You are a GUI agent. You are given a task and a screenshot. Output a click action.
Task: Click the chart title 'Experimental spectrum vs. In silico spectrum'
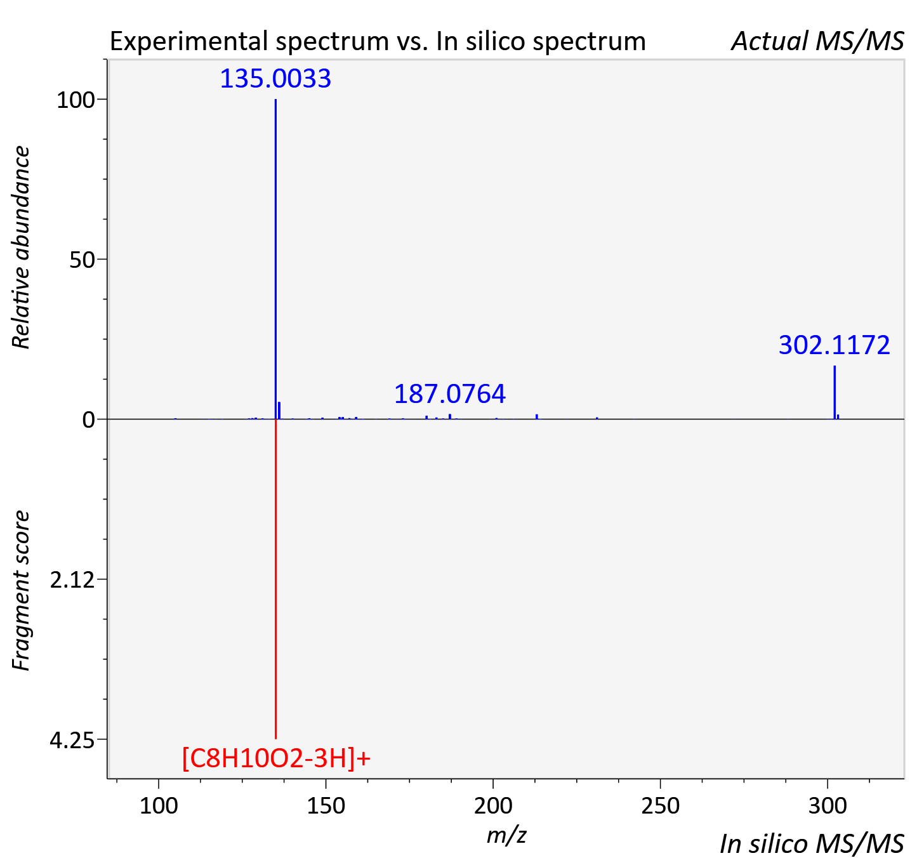[x=378, y=42]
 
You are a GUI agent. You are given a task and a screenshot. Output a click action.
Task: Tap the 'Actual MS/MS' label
[x=817, y=41]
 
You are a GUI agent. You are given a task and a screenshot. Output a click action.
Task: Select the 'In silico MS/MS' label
[x=812, y=843]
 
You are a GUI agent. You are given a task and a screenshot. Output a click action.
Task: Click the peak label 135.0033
[x=275, y=78]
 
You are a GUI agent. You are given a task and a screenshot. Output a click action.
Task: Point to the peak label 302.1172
[x=835, y=345]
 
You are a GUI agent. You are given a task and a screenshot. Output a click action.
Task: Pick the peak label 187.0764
[x=449, y=393]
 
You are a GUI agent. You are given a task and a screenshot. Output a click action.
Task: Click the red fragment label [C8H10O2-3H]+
[x=276, y=758]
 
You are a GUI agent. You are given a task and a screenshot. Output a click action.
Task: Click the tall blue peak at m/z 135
[x=275, y=259]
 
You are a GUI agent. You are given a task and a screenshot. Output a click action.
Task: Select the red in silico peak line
[x=275, y=579]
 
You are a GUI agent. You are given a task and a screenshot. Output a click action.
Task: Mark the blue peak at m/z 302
[x=835, y=392]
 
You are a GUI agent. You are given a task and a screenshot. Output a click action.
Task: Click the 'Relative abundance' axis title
[x=20, y=247]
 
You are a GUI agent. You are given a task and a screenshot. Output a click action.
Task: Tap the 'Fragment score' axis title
[x=20, y=590]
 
